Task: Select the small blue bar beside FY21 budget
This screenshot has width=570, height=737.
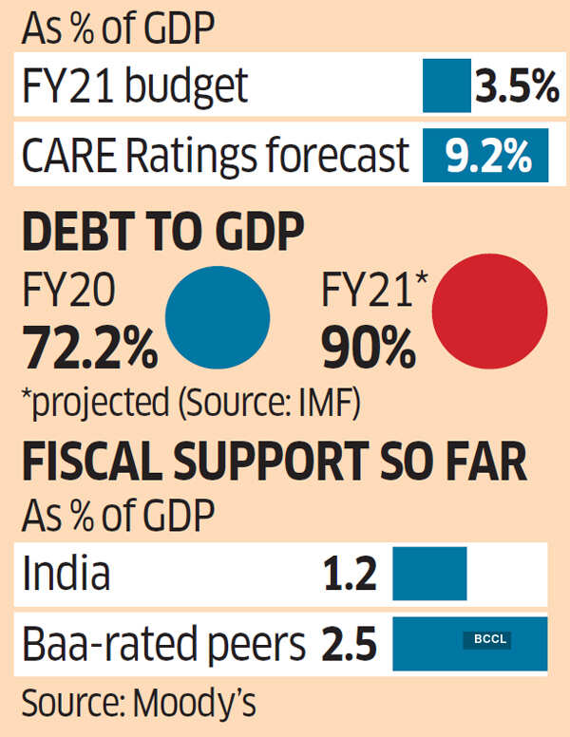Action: coord(446,86)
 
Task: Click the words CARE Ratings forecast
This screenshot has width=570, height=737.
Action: coord(216,155)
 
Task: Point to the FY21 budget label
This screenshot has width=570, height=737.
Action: coord(136,87)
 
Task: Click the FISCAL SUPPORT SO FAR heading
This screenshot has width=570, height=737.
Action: coord(274,465)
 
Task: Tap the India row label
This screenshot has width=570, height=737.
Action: coord(66,575)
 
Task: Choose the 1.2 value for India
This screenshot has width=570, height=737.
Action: coord(350,575)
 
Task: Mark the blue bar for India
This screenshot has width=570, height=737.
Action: coord(429,575)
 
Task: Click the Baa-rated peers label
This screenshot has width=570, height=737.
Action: coord(164,644)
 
